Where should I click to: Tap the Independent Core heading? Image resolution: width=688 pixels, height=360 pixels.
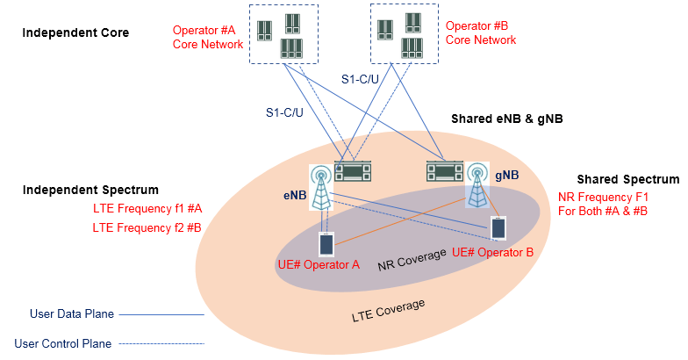tap(75, 33)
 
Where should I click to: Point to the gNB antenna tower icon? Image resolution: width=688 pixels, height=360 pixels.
tap(478, 184)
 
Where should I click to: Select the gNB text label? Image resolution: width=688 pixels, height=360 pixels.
tap(507, 176)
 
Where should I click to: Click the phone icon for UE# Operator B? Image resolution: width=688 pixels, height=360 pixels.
tap(498, 227)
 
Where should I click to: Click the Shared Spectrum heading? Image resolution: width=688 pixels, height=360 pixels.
tap(627, 179)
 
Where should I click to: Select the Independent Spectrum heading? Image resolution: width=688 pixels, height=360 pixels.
tap(90, 190)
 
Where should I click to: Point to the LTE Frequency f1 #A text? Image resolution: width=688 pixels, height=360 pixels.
tap(147, 209)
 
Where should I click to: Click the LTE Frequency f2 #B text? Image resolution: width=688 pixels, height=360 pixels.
tap(147, 227)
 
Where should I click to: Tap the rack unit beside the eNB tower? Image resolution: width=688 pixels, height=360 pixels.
tap(354, 172)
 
